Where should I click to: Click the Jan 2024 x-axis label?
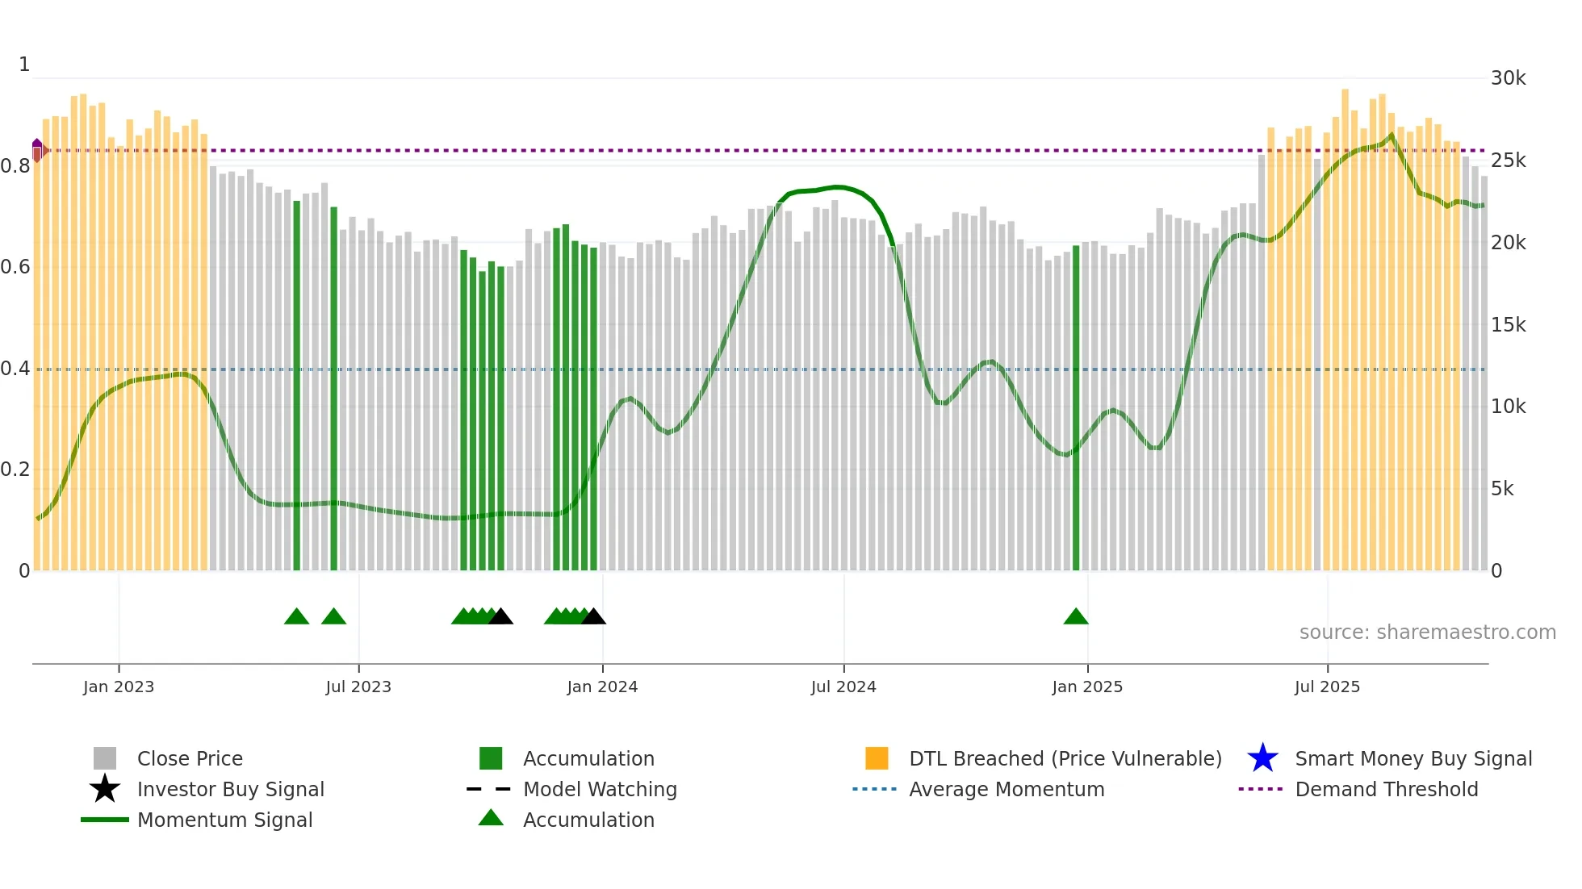602,687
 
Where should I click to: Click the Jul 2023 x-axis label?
358,687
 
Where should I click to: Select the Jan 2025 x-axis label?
1087,687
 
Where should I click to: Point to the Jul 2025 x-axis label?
1327,687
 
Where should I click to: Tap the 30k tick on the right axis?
1508,78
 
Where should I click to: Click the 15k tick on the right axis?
1508,325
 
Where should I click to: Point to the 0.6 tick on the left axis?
15,267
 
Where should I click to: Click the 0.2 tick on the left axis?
15,470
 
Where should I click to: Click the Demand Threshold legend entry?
1386,789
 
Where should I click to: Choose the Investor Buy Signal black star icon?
105,789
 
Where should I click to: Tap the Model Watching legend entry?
599,789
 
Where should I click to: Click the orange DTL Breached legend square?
877,758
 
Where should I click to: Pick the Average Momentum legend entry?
1006,789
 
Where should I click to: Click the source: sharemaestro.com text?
1427,632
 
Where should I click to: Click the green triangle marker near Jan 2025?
1076,617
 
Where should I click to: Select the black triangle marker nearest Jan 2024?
593,617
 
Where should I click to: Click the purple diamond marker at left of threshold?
37,149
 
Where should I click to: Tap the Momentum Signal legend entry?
224,820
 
